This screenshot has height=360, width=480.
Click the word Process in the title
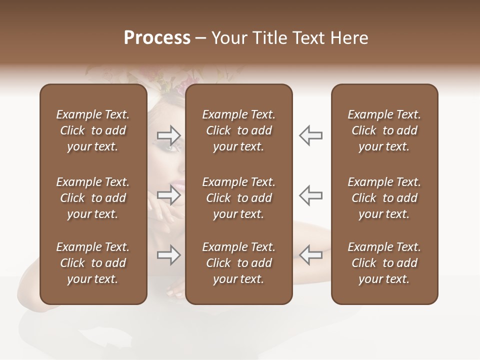point(157,38)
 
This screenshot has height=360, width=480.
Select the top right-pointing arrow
point(168,135)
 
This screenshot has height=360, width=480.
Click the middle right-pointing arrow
point(168,195)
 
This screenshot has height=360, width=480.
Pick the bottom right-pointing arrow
point(168,255)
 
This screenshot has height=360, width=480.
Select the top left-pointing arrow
point(310,135)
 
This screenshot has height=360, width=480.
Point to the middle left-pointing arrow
point(310,195)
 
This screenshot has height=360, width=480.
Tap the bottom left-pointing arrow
point(310,255)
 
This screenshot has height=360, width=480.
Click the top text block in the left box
point(93,130)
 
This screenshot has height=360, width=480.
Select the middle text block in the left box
point(93,198)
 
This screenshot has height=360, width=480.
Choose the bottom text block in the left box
point(93,263)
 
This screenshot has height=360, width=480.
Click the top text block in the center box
point(238,130)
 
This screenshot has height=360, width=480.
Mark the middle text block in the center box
point(238,198)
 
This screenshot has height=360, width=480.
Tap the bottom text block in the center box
point(238,263)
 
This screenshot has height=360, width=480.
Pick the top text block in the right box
point(384,130)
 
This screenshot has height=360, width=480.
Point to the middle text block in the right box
point(384,198)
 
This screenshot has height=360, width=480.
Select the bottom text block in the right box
point(384,263)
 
